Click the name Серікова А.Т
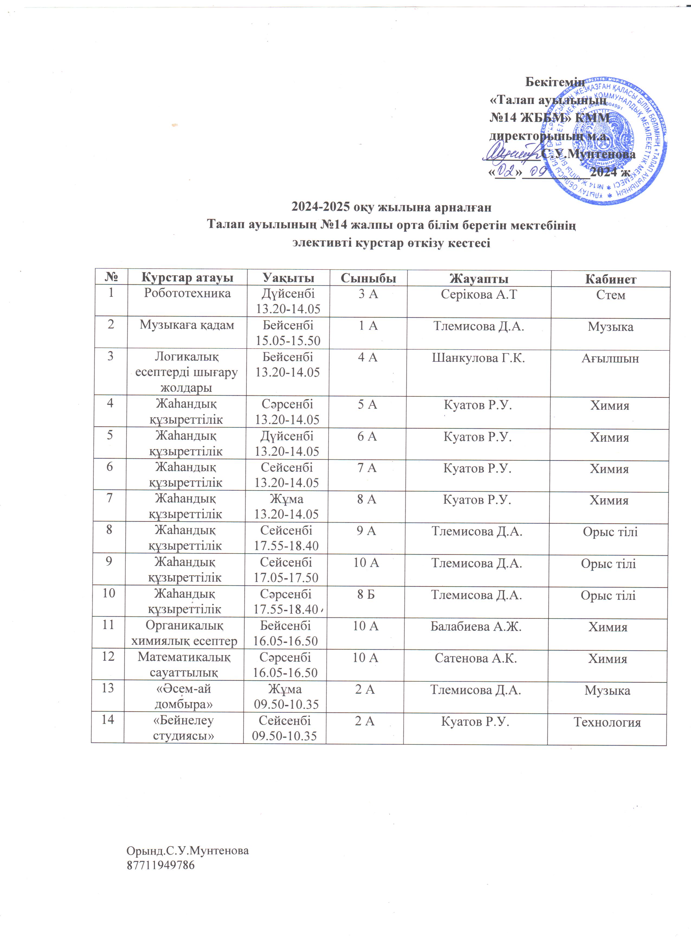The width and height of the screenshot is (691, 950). click(x=479, y=294)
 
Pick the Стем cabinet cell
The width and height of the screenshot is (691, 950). click(x=611, y=295)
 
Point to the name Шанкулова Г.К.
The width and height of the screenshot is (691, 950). click(x=478, y=358)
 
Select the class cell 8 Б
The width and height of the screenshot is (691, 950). click(x=366, y=594)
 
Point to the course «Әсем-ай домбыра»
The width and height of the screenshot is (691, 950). click(x=183, y=696)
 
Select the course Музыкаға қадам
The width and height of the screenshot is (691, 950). click(x=187, y=325)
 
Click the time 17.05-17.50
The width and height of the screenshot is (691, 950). click(x=286, y=578)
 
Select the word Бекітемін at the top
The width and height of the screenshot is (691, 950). click(x=555, y=82)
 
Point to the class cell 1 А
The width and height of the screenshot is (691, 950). click(x=368, y=326)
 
